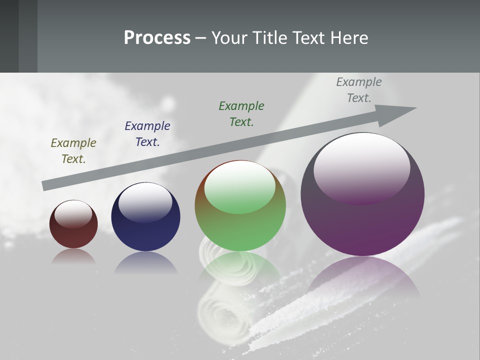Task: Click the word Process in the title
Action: coord(157,38)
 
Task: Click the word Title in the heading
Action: coord(269,38)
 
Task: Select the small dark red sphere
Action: coord(73,235)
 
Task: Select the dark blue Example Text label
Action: coord(147,134)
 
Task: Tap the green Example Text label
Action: coord(241,114)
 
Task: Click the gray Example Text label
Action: coord(359,90)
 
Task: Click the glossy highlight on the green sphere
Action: coord(240,186)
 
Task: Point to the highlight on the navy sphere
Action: coord(145,201)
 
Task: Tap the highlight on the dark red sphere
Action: coord(73,213)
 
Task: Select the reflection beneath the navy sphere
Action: coord(145,262)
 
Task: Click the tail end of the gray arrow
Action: coord(46,185)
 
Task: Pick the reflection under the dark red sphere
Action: coord(73,256)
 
